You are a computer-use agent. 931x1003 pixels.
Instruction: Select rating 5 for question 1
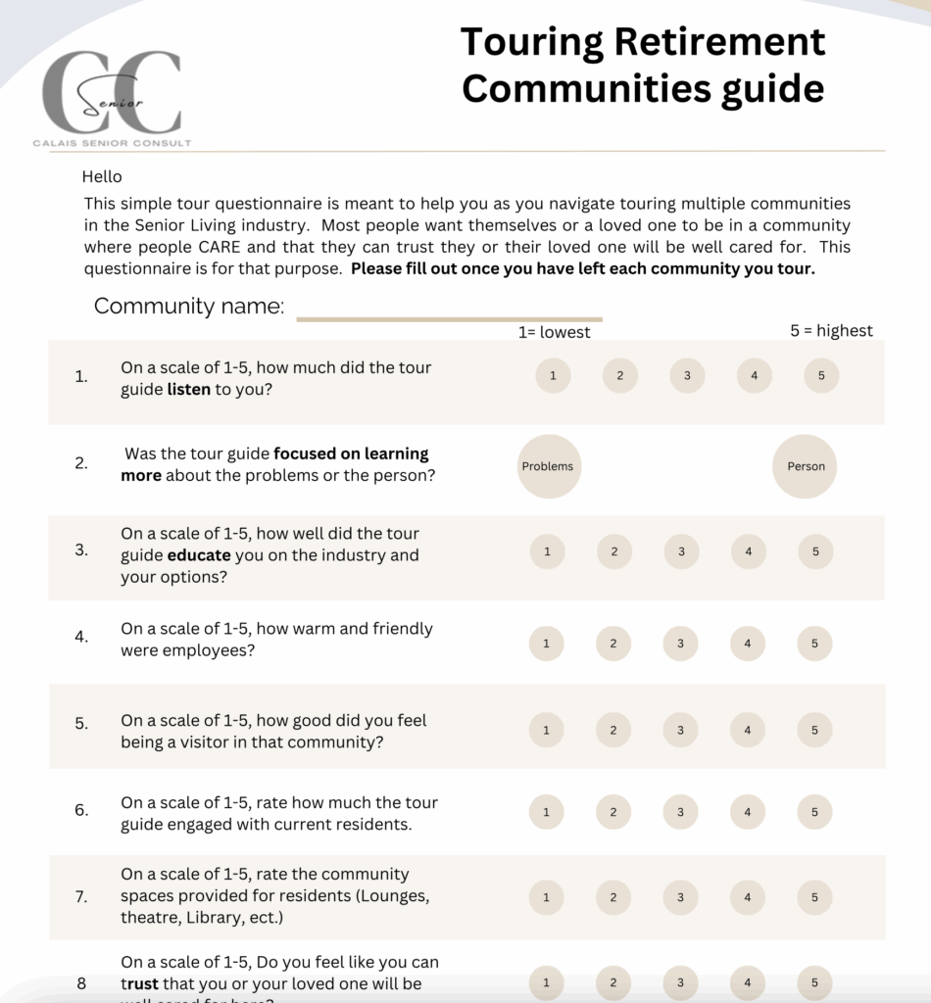821,376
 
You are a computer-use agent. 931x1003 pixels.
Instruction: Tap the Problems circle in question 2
548,466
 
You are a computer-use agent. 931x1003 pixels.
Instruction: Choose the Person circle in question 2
806,466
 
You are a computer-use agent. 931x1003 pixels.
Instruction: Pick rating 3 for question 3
681,551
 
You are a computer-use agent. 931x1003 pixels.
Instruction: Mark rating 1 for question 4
546,644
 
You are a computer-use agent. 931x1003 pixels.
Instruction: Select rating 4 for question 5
748,730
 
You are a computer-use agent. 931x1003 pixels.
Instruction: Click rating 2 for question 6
613,812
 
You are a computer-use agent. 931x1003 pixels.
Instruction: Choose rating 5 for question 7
814,897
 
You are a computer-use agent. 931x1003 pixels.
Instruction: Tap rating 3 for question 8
680,983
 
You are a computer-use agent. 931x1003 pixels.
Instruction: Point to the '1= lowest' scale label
554,332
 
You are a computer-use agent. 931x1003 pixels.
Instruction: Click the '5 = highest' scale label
831,331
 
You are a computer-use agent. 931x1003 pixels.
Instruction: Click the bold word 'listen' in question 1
188,389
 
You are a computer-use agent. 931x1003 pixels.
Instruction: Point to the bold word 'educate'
199,555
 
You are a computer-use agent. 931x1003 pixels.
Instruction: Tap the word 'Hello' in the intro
102,177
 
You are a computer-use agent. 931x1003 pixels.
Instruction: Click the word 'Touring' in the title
531,42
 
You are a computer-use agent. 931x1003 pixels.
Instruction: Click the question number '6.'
81,810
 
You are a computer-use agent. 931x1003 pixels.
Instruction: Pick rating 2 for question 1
620,376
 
